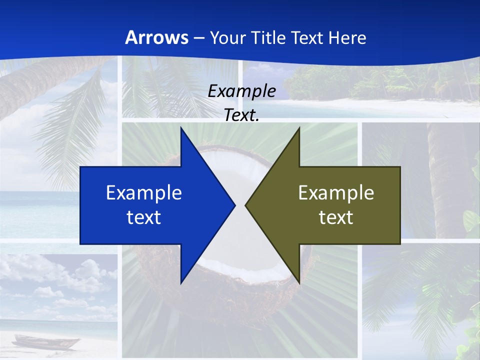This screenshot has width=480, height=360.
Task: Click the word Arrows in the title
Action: tap(156, 37)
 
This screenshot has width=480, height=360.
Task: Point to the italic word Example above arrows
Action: tap(241, 91)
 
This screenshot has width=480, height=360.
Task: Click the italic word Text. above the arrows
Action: tap(241, 115)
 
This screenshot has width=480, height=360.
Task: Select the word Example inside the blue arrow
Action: tap(144, 193)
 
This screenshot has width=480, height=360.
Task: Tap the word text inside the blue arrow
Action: tap(144, 217)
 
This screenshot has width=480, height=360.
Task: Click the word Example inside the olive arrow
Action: tap(336, 193)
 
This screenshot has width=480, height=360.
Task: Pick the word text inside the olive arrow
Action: tap(336, 217)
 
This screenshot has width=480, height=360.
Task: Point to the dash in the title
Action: tap(198, 38)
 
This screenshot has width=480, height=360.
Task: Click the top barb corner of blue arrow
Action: tap(181, 128)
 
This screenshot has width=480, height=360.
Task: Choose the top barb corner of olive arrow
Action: tap(299, 128)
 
